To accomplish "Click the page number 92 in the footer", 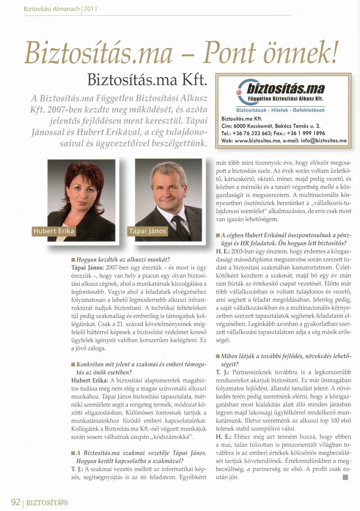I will (x=16, y=502).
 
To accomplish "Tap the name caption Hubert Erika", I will (x=53, y=231).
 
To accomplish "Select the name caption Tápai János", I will (x=147, y=231).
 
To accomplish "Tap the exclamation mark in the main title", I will (x=333, y=52).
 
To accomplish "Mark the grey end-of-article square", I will (x=346, y=477).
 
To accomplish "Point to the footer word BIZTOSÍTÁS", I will (x=47, y=503).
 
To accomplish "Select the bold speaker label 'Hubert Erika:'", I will (x=90, y=380).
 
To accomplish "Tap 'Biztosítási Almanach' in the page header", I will (x=51, y=9).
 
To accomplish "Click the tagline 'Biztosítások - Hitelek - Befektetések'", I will (x=280, y=110).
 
